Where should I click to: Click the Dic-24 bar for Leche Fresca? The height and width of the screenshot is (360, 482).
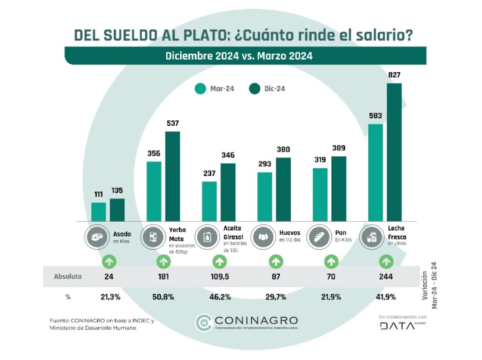click(x=394, y=152)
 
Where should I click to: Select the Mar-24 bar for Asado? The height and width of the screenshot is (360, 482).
click(x=98, y=211)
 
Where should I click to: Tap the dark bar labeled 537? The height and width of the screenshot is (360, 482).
click(x=172, y=176)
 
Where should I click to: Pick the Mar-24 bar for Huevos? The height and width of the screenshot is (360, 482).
click(x=265, y=196)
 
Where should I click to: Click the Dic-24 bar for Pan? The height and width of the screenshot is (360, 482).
click(x=338, y=188)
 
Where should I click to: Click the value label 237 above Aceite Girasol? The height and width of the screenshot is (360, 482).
click(x=209, y=173)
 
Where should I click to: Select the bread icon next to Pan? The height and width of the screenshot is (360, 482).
click(x=319, y=236)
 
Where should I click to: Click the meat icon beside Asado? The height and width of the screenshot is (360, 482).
click(x=98, y=236)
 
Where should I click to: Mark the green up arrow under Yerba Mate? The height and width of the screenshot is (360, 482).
click(x=163, y=261)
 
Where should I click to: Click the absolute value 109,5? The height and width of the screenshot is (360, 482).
click(x=219, y=277)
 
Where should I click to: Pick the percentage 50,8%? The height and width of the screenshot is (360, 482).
click(x=163, y=297)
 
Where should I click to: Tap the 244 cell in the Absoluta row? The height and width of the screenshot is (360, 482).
click(x=385, y=277)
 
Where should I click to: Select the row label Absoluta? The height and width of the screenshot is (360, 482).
click(x=68, y=277)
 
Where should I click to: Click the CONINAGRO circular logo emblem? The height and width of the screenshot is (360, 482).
click(x=203, y=322)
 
